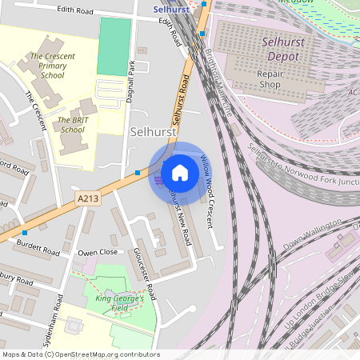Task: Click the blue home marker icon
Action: point(180,172)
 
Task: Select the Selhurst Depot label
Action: point(280,49)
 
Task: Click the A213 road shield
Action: point(88,197)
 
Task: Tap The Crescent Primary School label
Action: point(48,66)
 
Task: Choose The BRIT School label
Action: point(70,124)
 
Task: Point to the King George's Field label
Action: point(119,302)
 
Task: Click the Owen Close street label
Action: point(98,252)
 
